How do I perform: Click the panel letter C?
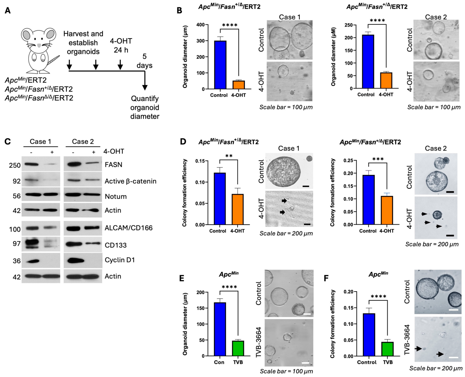pos(8,141)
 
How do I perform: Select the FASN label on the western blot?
pos(113,165)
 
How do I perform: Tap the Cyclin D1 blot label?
pos(120,260)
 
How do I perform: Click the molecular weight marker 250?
pos(15,165)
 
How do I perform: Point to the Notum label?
pos(116,196)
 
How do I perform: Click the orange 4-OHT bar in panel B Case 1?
pos(239,85)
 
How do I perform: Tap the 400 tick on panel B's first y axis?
pos(200,25)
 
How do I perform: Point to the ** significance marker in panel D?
pos(229,156)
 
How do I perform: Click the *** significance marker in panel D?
pos(378,159)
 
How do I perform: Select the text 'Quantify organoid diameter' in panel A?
pos(145,107)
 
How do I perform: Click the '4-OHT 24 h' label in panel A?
pos(121,45)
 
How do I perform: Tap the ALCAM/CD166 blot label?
pos(129,228)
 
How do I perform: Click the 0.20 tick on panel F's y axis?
pos(348,292)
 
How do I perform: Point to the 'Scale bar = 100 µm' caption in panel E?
pos(286,371)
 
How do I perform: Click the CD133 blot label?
pos(116,245)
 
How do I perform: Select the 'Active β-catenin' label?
pos(130,181)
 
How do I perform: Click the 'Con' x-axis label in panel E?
pos(219,362)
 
